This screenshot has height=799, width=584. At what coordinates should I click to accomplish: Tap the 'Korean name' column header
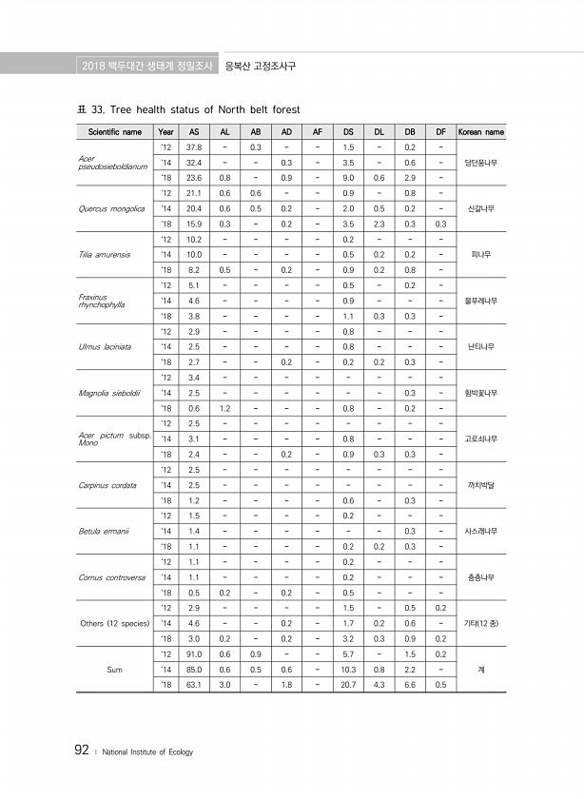481,132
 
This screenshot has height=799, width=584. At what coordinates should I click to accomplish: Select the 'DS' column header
349,132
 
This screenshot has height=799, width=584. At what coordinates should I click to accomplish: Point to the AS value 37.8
194,147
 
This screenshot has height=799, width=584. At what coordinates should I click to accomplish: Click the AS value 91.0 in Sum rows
194,653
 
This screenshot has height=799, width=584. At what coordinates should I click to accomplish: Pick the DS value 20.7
349,685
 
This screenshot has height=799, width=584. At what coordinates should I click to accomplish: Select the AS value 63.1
194,685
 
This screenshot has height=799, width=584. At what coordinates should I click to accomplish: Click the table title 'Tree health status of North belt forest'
204,108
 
